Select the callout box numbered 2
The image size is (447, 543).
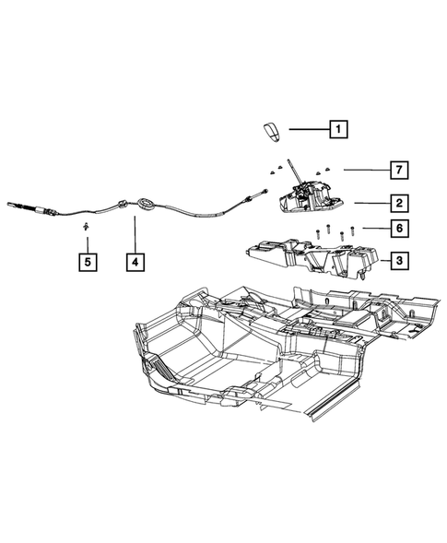398,202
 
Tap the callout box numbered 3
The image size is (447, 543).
398,262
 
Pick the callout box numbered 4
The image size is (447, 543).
135,263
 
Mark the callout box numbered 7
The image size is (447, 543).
398,170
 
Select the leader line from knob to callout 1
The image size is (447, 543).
310,130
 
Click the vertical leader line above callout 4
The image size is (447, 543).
135,232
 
